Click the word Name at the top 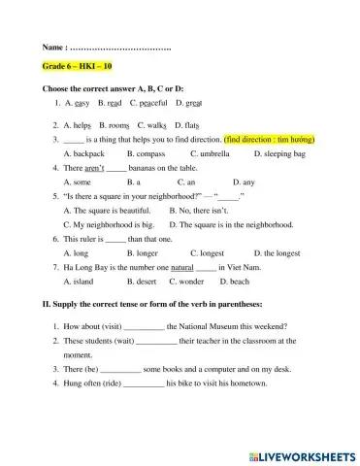(x=54, y=47)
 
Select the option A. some (x=76, y=182)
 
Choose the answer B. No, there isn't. (x=204, y=210)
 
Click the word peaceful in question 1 (x=152, y=102)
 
